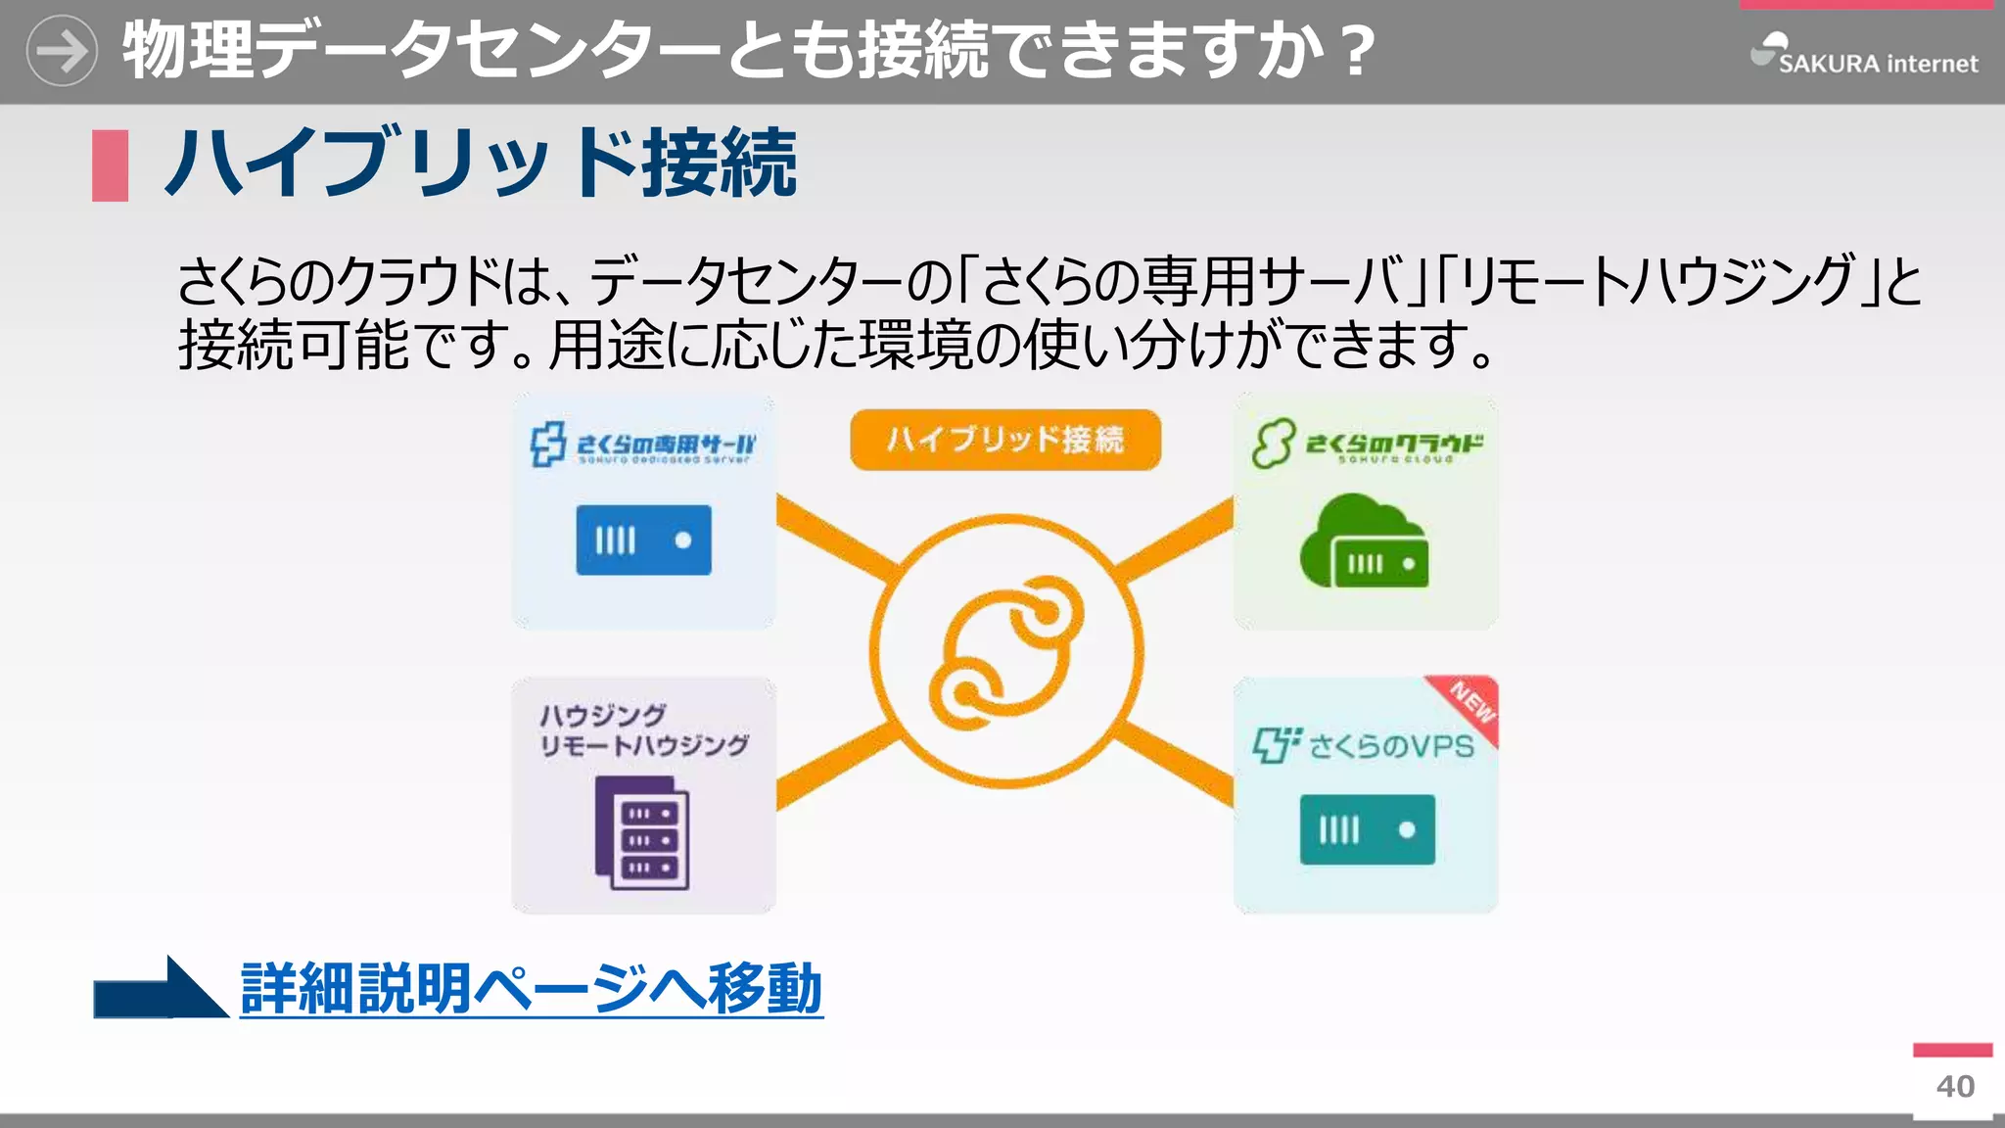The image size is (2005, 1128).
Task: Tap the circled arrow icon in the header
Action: [x=62, y=51]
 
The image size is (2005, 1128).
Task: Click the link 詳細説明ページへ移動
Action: [x=531, y=989]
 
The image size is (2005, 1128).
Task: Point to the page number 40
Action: [x=1955, y=1086]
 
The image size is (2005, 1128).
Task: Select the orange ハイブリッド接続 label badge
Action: [x=1005, y=440]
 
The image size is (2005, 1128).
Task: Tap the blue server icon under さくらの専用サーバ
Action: [x=643, y=540]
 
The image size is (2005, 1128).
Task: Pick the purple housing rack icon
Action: [x=642, y=832]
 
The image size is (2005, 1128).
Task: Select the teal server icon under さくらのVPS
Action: [x=1367, y=829]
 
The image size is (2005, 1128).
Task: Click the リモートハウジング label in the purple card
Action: [x=644, y=746]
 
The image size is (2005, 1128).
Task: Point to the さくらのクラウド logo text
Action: [x=1394, y=445]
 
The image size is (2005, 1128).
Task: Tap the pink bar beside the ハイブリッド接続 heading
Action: [x=110, y=165]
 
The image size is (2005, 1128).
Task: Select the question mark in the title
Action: [x=1358, y=51]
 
